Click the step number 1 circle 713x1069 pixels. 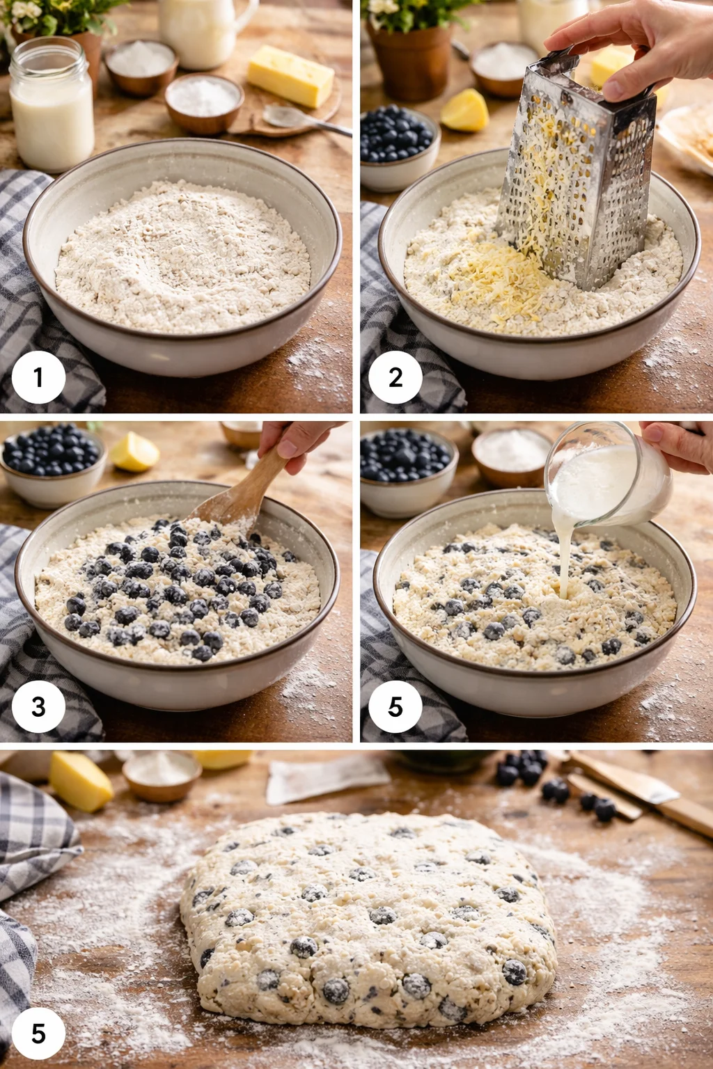[38, 378]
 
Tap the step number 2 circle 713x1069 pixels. [395, 378]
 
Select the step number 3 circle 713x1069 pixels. [38, 707]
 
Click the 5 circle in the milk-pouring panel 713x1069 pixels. [395, 707]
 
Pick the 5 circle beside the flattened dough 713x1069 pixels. [38, 1034]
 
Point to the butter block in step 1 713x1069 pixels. [290, 75]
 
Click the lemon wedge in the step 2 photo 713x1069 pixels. [465, 111]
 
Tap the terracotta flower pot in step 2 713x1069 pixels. [411, 63]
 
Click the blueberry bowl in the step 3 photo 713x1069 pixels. [52, 463]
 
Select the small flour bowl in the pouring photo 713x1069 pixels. [512, 456]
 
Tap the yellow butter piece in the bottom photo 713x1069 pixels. [80, 781]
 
